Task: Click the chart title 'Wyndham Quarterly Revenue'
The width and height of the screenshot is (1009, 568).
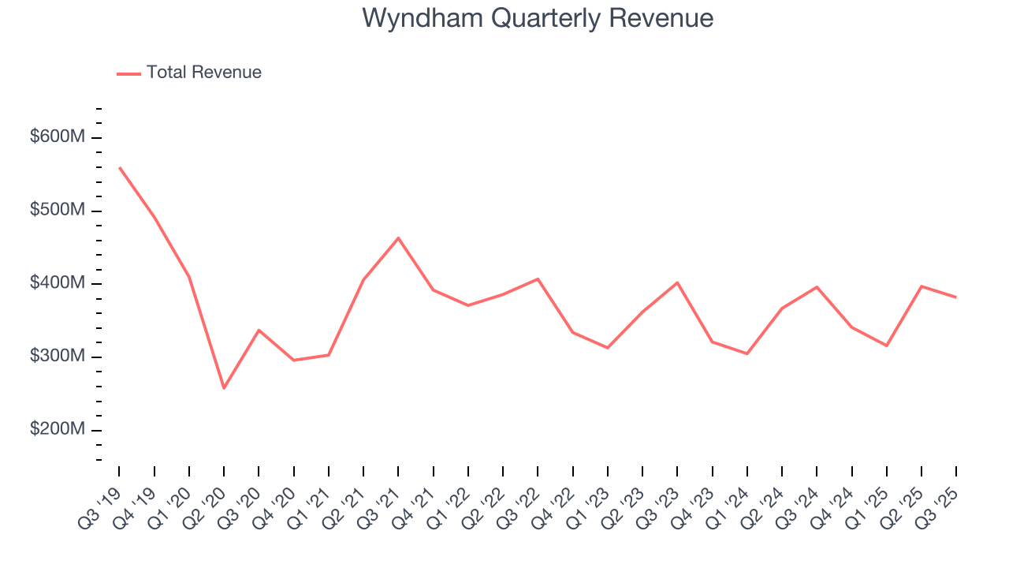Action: (x=538, y=18)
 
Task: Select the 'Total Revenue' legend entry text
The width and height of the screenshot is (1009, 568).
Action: (x=203, y=73)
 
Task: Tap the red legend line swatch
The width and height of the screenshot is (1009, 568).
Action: (x=128, y=73)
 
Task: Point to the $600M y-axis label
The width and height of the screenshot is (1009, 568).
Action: (x=57, y=137)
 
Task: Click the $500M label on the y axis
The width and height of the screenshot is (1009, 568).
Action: (x=57, y=211)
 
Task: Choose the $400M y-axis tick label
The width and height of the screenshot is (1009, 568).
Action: (x=57, y=283)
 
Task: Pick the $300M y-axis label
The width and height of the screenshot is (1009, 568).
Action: (x=57, y=357)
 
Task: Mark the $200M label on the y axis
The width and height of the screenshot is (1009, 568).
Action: (x=57, y=430)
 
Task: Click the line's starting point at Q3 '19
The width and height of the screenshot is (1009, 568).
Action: (x=120, y=167)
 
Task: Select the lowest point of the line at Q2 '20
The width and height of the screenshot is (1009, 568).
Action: (x=224, y=388)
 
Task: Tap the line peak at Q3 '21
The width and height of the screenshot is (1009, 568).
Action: (x=398, y=237)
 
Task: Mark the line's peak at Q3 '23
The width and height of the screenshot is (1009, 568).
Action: (x=677, y=282)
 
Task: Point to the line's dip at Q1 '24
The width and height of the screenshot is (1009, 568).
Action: (x=747, y=353)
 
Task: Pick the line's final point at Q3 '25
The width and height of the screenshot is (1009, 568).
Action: (x=956, y=297)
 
